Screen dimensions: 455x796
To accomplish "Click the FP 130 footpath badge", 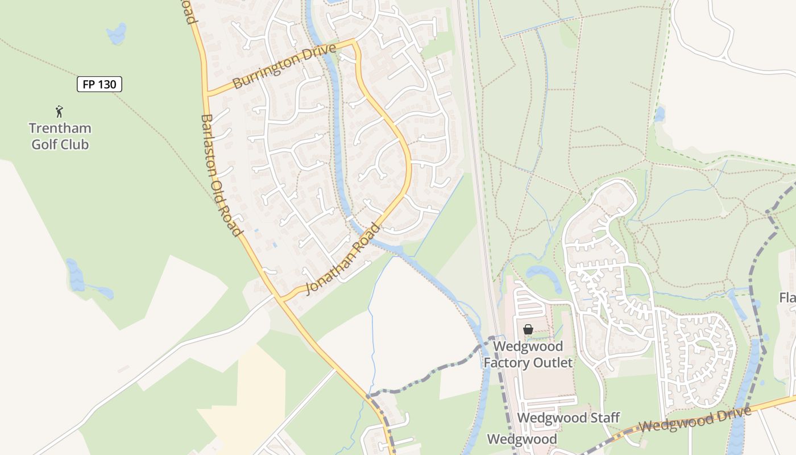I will (100, 85).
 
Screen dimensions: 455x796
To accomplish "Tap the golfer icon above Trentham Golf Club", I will (59, 111).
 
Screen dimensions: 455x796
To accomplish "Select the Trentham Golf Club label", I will (60, 136).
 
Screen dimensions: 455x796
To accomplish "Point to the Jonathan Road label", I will (343, 259).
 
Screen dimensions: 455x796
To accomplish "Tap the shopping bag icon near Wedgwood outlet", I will (528, 329).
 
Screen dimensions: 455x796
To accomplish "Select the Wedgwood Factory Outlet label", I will (528, 354).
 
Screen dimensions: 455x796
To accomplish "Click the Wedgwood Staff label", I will (568, 418).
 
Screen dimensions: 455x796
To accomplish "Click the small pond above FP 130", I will (117, 34).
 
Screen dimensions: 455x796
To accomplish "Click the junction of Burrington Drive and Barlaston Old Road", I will (208, 93).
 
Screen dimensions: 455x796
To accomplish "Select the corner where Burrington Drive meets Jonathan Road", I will (354, 41).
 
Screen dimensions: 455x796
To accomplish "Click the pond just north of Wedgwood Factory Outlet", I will (543, 272).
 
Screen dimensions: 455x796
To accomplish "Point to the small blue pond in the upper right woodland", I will (660, 114).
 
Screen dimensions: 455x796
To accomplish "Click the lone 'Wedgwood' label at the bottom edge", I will (522, 439).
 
